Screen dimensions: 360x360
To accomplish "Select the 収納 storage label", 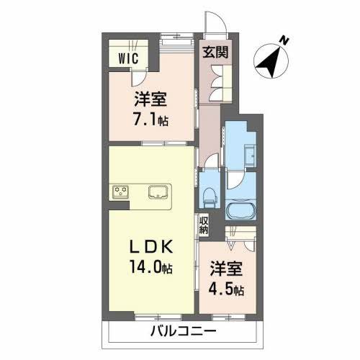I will (x=204, y=225).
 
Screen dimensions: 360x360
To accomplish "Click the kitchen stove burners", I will (x=120, y=192).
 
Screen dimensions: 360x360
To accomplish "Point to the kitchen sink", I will (x=158, y=192).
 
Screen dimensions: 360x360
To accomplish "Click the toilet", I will (x=210, y=194).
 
